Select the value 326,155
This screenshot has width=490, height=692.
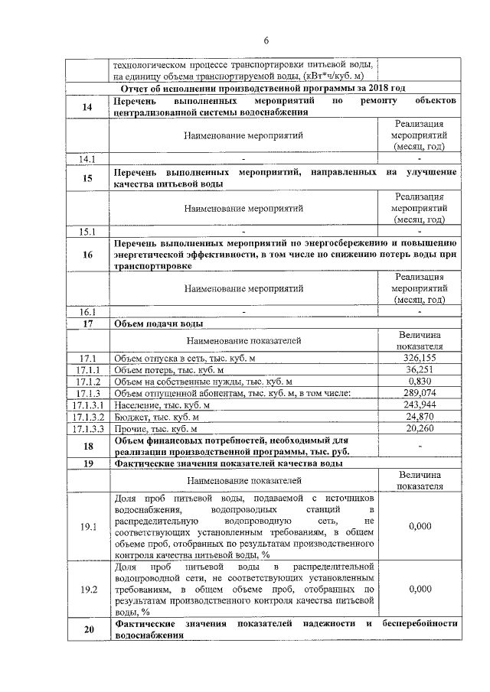coord(420,358)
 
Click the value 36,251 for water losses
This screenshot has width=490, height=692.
coord(420,370)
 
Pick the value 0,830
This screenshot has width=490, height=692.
coord(420,382)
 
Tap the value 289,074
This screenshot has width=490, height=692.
coord(420,393)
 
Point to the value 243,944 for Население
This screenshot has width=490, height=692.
coord(420,404)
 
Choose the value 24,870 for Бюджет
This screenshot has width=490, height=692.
coord(420,417)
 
